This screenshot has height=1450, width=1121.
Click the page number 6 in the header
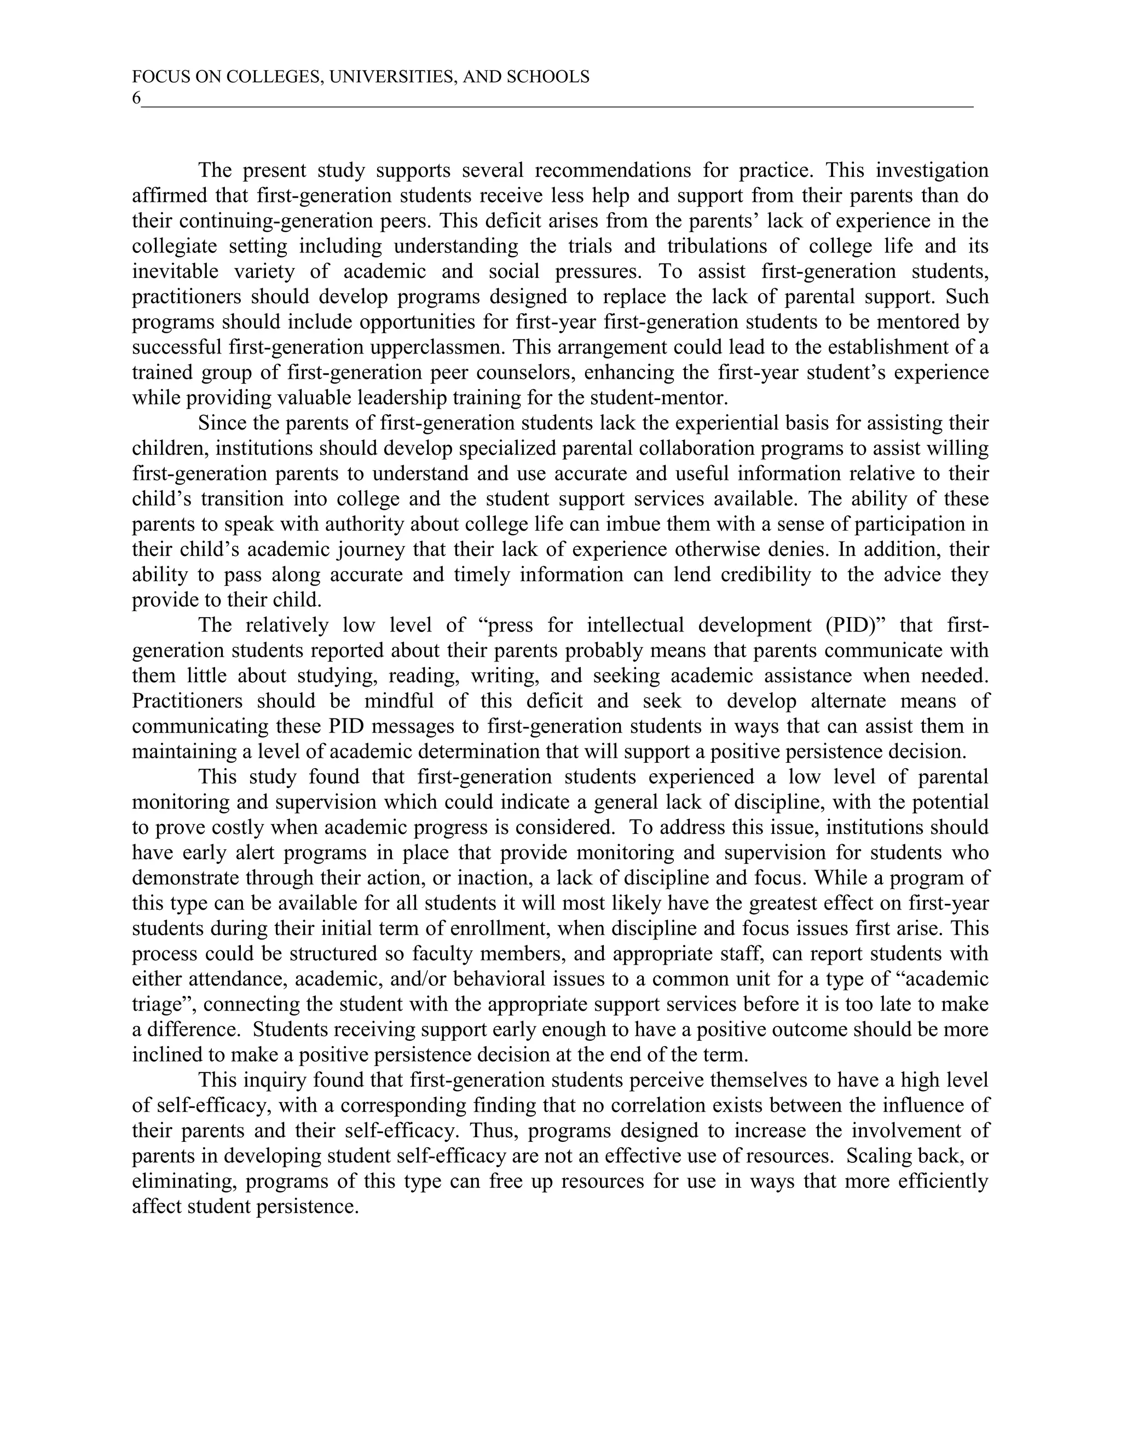click(136, 98)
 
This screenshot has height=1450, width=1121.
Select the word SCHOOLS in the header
click(548, 77)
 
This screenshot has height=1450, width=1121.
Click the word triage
click(159, 1004)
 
